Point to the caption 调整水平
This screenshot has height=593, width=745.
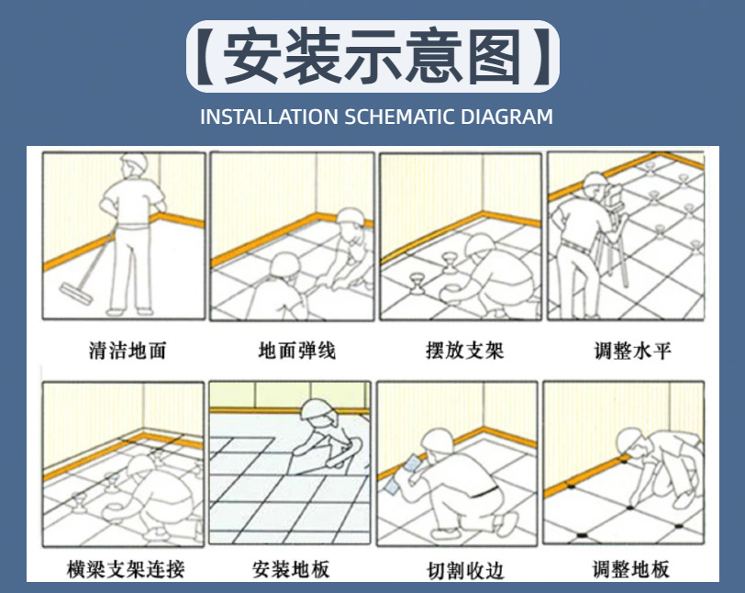[x=633, y=351]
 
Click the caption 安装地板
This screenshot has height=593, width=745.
[x=291, y=569]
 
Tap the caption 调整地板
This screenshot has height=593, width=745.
[x=631, y=569]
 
